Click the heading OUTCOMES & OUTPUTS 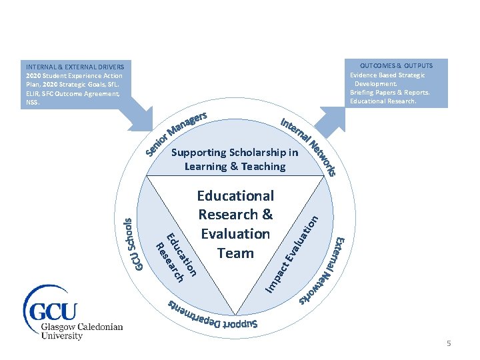(x=396, y=65)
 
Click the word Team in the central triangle (x=235, y=253)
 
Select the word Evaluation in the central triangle (x=235, y=234)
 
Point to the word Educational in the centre (x=235, y=196)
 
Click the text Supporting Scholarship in (x=235, y=152)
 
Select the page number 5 (x=449, y=343)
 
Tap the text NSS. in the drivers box (x=33, y=103)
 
